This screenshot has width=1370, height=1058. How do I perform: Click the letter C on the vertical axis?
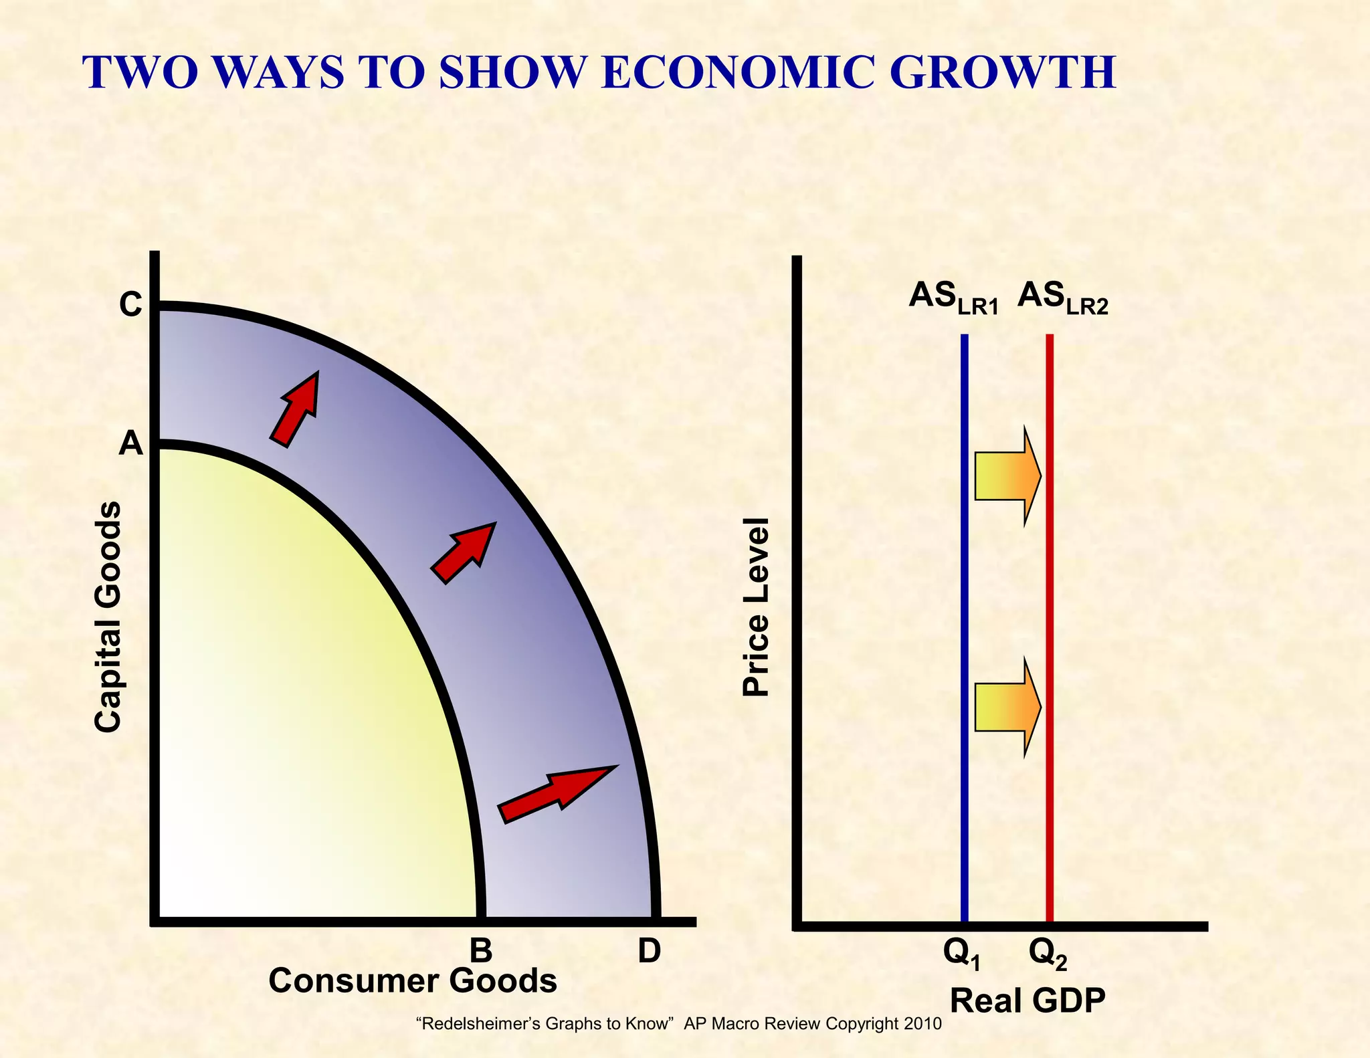point(130,305)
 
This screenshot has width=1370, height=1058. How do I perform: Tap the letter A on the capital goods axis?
point(130,443)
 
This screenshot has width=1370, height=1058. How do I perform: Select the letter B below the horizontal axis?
point(480,950)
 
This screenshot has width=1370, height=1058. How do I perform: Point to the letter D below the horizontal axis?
point(649,950)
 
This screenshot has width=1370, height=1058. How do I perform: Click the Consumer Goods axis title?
point(413,981)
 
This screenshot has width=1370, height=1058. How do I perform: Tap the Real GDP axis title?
point(1027,1001)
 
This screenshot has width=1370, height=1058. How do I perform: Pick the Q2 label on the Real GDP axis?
point(1048,954)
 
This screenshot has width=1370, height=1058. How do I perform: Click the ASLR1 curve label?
point(953,298)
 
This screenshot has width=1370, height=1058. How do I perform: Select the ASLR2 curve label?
point(1063,298)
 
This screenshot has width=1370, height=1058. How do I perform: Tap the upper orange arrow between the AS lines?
point(1007,475)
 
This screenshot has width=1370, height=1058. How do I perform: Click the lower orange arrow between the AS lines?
point(1007,707)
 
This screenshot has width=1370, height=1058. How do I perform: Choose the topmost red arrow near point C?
point(296,408)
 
